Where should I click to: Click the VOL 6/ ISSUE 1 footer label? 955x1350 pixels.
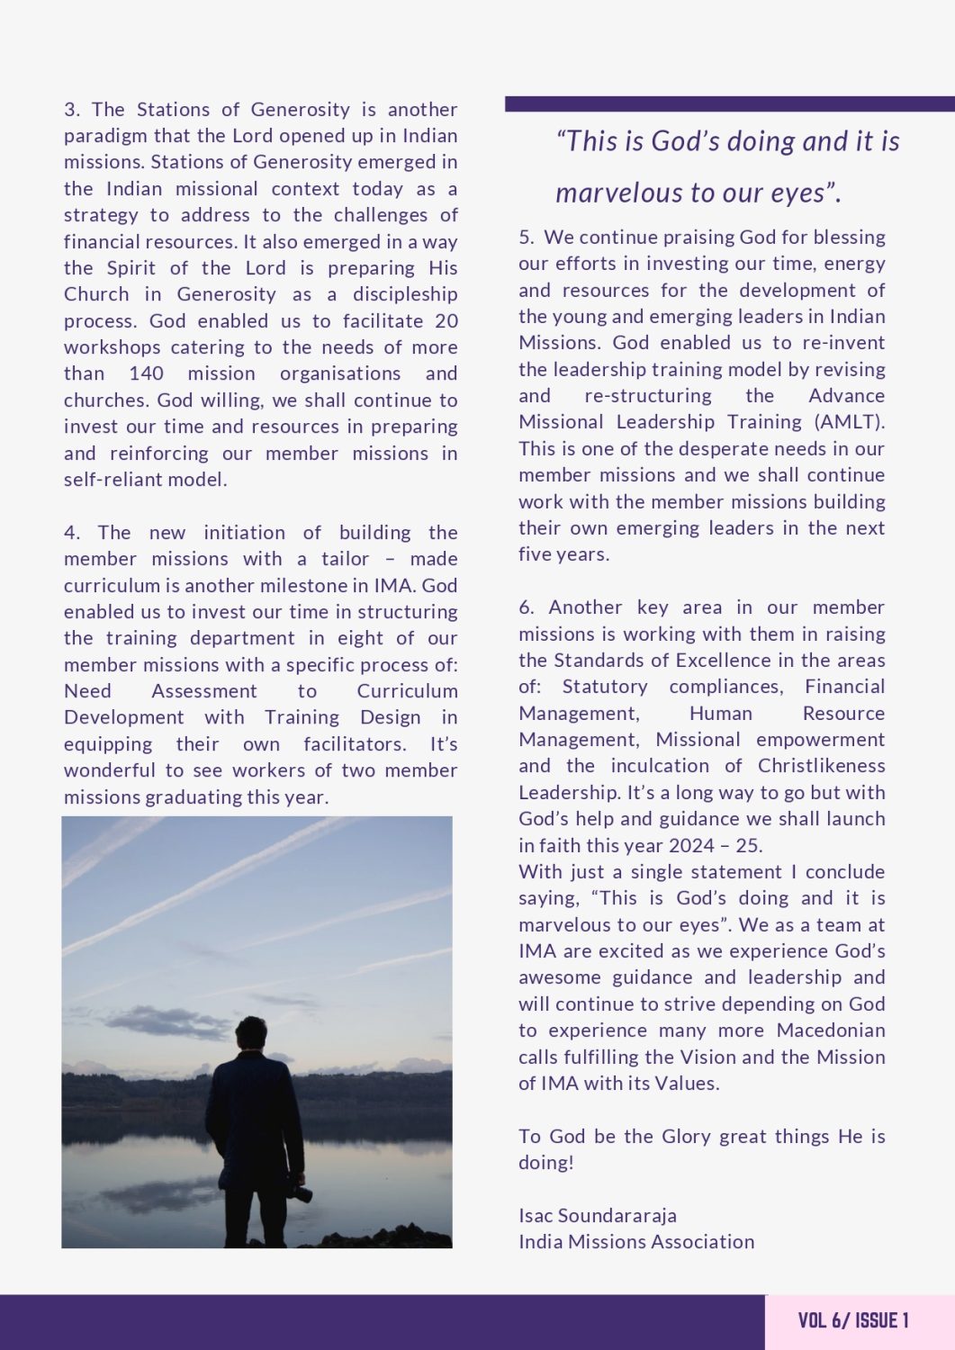pos(853,1320)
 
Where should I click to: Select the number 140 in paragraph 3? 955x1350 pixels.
pos(146,373)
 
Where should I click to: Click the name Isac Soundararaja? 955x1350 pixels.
pos(598,1216)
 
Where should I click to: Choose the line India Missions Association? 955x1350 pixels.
pos(636,1242)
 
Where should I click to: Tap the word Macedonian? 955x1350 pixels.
pos(831,1030)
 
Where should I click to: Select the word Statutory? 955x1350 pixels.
pos(605,687)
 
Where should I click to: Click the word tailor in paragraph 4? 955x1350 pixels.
pos(346,559)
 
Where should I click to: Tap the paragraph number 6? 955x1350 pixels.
pos(526,607)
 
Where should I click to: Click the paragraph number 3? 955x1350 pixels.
pos(71,110)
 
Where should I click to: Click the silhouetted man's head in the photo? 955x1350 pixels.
pos(251,1033)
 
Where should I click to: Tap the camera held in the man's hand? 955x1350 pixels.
pos(301,1193)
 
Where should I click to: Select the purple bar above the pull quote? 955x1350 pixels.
pos(729,103)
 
